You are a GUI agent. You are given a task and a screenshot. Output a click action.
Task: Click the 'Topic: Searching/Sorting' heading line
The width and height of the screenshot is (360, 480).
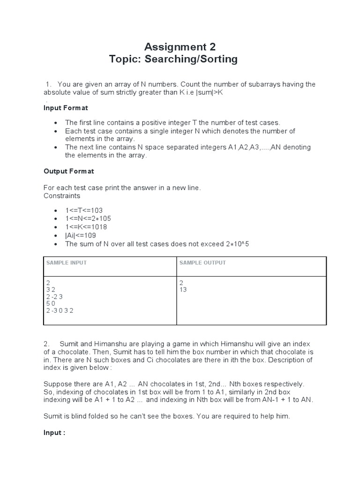(173, 60)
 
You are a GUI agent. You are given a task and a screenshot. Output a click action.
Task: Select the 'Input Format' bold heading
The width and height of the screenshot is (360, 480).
(66, 108)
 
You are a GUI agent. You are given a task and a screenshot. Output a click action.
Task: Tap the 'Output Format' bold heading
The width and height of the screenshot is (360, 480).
(68, 171)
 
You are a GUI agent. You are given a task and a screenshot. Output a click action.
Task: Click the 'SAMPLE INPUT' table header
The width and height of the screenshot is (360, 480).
(67, 263)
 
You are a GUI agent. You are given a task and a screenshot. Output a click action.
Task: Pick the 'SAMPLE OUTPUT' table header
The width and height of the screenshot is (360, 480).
(202, 263)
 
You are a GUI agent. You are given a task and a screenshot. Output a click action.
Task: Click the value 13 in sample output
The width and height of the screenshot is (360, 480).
(183, 290)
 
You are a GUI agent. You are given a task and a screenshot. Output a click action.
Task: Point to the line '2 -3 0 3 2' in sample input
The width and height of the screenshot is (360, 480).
(60, 310)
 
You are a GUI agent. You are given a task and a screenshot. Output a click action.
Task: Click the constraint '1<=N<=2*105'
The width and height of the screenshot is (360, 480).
(88, 218)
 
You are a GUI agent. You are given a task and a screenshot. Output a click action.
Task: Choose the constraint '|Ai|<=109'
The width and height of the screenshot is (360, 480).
(81, 235)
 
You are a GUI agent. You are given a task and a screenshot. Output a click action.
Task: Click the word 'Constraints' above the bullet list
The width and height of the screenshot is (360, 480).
(62, 195)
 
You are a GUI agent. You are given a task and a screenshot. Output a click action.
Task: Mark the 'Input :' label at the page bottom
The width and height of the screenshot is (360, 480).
(54, 433)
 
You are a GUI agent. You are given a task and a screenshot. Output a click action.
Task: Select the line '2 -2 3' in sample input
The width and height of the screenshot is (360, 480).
(54, 297)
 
